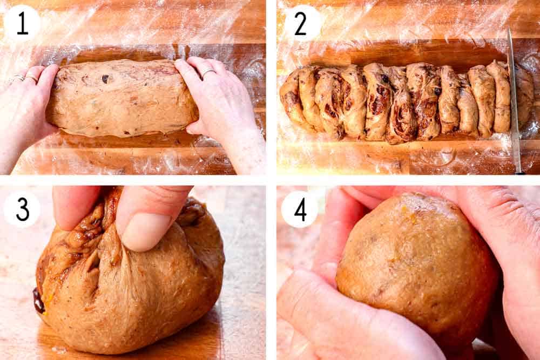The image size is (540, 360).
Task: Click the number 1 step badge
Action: tap(22, 23)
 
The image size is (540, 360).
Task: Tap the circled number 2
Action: tap(300, 23)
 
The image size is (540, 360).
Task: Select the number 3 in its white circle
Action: tap(22, 208)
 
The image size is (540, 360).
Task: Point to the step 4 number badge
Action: tap(300, 208)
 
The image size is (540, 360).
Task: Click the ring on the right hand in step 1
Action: tap(208, 72)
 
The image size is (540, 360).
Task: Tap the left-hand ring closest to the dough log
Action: tap(31, 79)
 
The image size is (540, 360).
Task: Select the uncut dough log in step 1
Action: tap(122, 97)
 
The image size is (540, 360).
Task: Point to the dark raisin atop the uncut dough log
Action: tap(105, 79)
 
